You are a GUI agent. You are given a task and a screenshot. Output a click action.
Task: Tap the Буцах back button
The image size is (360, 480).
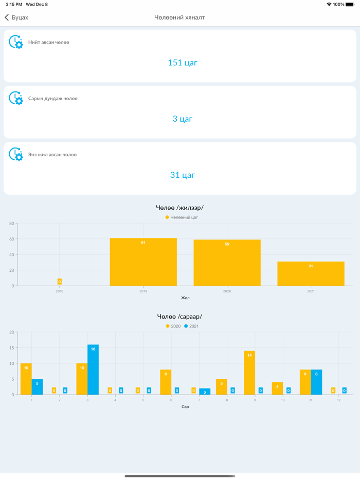(16, 17)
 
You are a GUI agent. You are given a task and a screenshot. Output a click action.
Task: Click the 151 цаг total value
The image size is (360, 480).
(182, 63)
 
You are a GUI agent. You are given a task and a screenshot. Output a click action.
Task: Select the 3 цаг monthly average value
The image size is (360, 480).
(182, 119)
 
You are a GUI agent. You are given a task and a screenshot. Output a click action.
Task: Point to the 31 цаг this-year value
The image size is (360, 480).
(182, 175)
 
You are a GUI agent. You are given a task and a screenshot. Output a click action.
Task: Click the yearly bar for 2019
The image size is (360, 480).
(143, 262)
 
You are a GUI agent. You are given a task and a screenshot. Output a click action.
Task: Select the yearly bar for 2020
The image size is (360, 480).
(227, 263)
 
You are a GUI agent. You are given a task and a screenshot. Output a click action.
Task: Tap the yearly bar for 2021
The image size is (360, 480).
(311, 274)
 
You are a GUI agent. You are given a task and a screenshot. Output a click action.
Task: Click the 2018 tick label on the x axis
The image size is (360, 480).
(60, 291)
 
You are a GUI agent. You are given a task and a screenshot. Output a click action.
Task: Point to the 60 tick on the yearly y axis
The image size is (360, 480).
(11, 239)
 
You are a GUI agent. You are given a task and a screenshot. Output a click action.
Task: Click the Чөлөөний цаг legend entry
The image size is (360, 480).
(182, 217)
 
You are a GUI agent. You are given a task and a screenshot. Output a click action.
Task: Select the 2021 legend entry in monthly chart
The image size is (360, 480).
(191, 326)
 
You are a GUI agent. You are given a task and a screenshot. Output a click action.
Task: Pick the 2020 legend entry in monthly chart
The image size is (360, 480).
(173, 326)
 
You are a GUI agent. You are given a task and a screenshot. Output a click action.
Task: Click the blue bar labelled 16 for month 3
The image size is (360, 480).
(93, 370)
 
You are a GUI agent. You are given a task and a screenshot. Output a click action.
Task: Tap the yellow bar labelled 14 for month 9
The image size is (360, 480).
(249, 373)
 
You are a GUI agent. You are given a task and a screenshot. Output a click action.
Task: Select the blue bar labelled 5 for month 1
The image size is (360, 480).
(37, 387)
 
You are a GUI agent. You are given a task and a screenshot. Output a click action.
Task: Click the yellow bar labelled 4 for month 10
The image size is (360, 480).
(277, 389)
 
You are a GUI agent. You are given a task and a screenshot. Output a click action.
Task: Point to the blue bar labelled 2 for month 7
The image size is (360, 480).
(205, 392)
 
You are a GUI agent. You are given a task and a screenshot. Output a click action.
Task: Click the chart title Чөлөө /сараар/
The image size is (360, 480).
(179, 317)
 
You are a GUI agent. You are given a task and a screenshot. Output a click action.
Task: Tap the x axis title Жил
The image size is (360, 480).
(185, 298)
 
